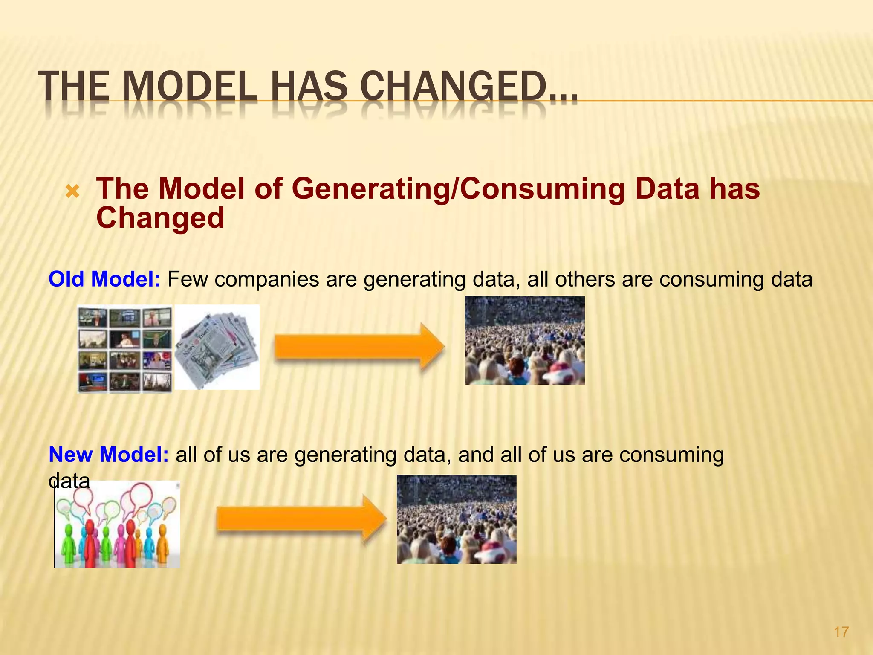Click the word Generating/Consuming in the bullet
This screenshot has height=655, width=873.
458,189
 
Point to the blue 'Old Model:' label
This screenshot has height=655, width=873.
104,279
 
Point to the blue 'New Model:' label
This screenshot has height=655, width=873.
109,455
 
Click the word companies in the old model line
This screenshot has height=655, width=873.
267,280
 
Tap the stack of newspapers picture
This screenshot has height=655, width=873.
217,348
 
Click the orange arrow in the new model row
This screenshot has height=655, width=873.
301,519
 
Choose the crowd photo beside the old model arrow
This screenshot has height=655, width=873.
525,341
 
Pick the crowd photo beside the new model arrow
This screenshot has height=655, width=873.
457,519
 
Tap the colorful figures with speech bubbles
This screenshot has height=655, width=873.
118,525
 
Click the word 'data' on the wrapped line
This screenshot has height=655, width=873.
69,481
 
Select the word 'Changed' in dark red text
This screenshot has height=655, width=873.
160,218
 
